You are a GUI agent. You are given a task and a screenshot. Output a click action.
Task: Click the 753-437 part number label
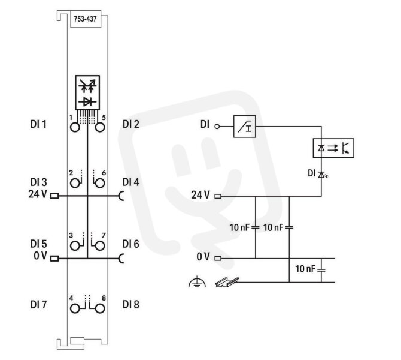tap(85, 19)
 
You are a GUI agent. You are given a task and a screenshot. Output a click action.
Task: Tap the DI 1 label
tap(39, 124)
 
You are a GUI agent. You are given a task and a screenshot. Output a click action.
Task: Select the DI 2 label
tap(131, 124)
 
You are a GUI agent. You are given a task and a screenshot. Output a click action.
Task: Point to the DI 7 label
tap(39, 305)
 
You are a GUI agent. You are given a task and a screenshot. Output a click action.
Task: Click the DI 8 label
tap(131, 305)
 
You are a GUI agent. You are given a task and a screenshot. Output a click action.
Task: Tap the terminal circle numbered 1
tap(75, 127)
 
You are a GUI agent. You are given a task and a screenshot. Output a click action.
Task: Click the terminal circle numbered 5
tap(100, 127)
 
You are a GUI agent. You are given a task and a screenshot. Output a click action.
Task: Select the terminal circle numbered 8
tap(100, 308)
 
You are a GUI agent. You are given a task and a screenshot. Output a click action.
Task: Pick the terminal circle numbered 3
tap(75, 246)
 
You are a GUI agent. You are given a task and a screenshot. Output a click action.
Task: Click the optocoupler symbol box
tap(333, 148)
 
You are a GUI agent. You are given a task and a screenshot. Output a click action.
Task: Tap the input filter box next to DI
tap(244, 127)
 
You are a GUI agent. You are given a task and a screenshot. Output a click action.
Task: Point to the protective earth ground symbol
tap(197, 282)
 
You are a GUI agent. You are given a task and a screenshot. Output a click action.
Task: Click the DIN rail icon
tap(227, 282)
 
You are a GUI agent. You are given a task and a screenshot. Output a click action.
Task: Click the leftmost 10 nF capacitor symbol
tap(256, 227)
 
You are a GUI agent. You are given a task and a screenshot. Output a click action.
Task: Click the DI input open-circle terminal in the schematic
tap(217, 127)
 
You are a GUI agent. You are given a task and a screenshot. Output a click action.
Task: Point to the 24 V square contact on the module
tap(54, 196)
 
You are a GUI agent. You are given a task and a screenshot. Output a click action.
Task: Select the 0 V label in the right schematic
tap(203, 257)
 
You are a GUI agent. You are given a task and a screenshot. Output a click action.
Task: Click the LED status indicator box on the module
tap(87, 92)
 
